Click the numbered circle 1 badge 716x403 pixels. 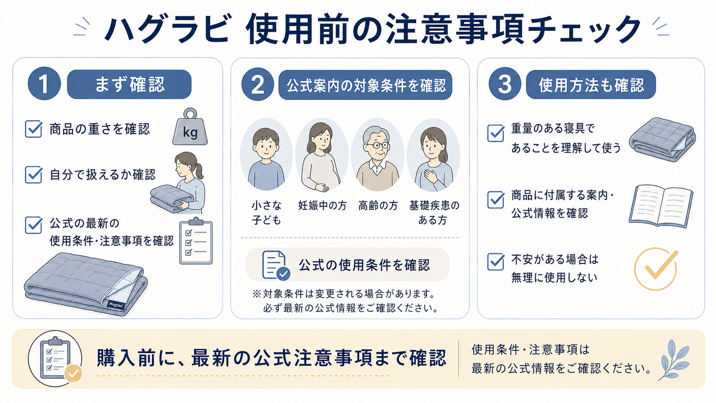click(x=44, y=84)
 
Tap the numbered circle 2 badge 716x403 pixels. click(x=258, y=84)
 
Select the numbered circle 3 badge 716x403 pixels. click(x=505, y=84)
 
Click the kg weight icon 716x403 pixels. click(x=190, y=127)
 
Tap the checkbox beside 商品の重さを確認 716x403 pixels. click(x=33, y=129)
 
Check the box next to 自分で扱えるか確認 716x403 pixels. click(x=33, y=174)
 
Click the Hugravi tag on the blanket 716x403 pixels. click(x=116, y=304)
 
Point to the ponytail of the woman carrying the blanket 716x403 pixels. click(x=199, y=171)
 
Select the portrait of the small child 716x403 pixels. click(x=266, y=155)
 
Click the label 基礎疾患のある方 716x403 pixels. click(x=434, y=212)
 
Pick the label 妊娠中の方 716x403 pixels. click(x=322, y=206)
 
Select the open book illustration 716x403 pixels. click(x=661, y=206)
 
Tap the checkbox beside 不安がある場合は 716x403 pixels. click(x=496, y=262)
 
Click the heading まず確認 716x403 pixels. click(x=130, y=84)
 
